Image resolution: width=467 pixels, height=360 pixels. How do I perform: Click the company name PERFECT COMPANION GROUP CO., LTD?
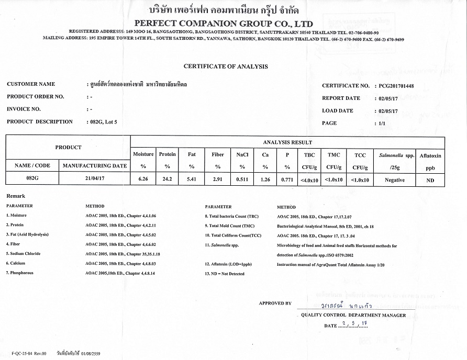pyautogui.click(x=224, y=24)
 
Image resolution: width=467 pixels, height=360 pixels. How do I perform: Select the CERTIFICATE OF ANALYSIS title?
pyautogui.click(x=226, y=66)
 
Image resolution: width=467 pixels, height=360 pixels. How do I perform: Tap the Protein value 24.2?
pyautogui.click(x=167, y=179)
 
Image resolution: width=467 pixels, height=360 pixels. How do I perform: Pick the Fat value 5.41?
pyautogui.click(x=192, y=179)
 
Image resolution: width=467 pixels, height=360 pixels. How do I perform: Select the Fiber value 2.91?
pyautogui.click(x=217, y=179)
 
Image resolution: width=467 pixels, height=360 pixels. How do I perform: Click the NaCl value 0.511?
pyautogui.click(x=242, y=179)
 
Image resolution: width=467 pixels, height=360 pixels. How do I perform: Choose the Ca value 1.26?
pyautogui.click(x=265, y=179)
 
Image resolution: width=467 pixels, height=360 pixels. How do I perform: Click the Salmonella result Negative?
pyautogui.click(x=394, y=180)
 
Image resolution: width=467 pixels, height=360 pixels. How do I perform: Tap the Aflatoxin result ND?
pyautogui.click(x=430, y=180)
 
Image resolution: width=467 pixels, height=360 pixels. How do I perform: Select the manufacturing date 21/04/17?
pyautogui.click(x=94, y=179)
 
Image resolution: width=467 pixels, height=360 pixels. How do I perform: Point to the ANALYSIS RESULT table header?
pyautogui.click(x=287, y=142)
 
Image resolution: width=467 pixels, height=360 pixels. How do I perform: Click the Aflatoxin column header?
pyautogui.click(x=430, y=156)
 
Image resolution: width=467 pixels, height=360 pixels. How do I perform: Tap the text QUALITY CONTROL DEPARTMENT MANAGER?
pyautogui.click(x=353, y=315)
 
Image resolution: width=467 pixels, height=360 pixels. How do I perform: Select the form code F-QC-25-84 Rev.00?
pyautogui.click(x=30, y=354)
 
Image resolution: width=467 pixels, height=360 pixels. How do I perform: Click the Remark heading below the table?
pyautogui.click(x=16, y=196)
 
